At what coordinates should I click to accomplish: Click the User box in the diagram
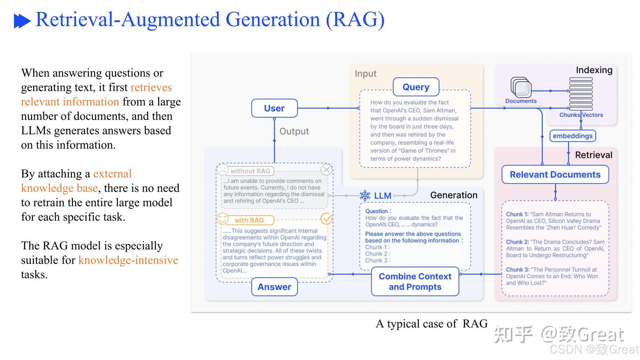(274, 108)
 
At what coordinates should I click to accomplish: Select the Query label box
(416, 87)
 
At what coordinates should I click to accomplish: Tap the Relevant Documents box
(555, 175)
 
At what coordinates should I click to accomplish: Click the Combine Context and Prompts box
(415, 282)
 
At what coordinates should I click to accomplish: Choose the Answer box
(274, 287)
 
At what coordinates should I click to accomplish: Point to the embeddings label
(572, 136)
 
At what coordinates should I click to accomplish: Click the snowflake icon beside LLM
(365, 196)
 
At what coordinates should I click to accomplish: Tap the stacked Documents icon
(521, 87)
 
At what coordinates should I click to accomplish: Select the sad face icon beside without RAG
(222, 170)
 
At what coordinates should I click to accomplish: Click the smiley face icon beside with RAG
(222, 219)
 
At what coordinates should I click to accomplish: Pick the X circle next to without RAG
(326, 170)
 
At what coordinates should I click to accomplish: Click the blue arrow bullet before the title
(22, 21)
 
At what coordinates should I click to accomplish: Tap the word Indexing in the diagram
(594, 70)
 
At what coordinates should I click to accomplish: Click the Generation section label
(453, 195)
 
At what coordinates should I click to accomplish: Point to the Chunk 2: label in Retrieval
(517, 242)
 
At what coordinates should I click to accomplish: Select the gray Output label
(294, 132)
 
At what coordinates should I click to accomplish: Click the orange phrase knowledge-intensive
(128, 260)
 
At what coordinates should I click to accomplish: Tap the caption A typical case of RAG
(431, 324)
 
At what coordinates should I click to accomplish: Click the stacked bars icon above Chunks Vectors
(581, 93)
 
